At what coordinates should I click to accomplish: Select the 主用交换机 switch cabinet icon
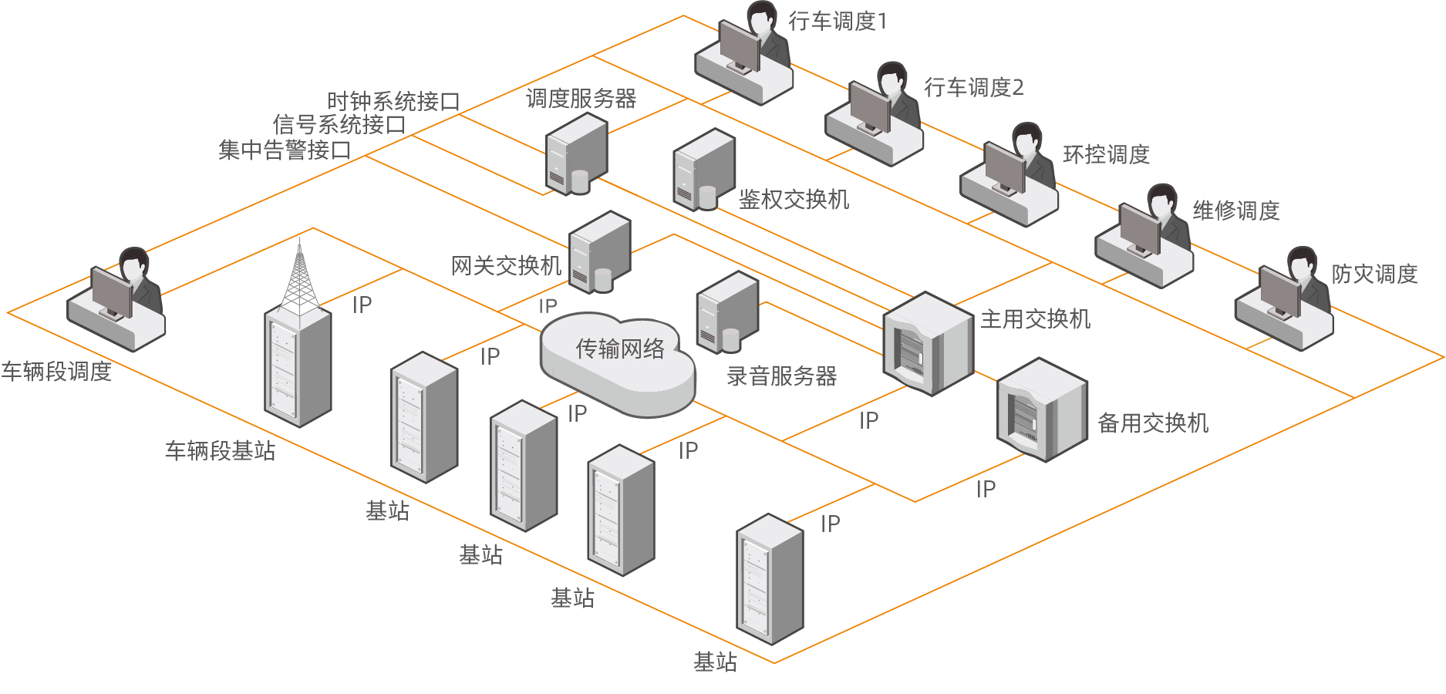(928, 343)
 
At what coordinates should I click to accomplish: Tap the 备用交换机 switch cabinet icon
(1042, 409)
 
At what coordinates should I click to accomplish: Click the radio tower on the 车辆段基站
(299, 278)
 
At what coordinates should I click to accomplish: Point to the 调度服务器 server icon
(576, 154)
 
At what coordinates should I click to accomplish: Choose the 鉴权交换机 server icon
(703, 170)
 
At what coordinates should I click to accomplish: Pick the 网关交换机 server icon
(599, 252)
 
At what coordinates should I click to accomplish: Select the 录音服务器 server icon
(726, 312)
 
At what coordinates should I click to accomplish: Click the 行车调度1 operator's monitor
(739, 46)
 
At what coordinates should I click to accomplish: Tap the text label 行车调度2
(974, 88)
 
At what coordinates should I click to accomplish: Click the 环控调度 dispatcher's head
(1026, 138)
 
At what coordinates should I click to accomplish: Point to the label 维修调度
(1236, 211)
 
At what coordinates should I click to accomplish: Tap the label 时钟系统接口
(393, 101)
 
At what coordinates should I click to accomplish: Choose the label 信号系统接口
(339, 124)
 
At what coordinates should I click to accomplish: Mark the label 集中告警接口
(284, 150)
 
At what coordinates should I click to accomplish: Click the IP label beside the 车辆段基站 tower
(362, 305)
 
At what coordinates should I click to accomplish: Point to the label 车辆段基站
(220, 450)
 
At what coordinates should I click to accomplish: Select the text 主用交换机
(1035, 319)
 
